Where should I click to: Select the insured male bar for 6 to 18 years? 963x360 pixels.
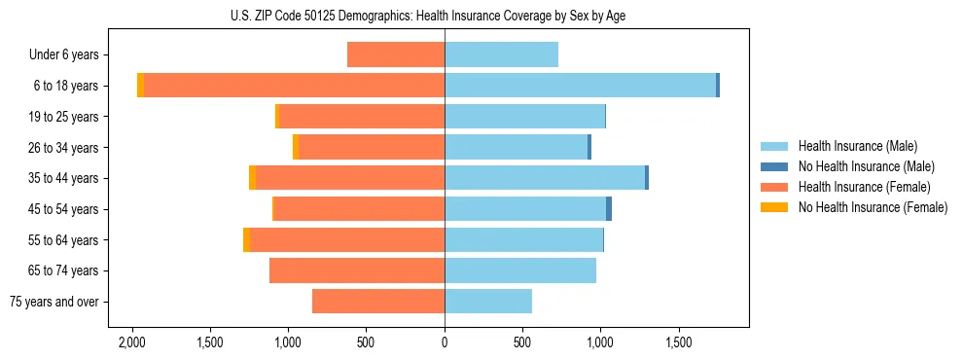pyautogui.click(x=580, y=86)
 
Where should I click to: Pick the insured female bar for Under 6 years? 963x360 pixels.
pyautogui.click(x=396, y=54)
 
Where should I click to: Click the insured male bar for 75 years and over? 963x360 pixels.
pyautogui.click(x=488, y=302)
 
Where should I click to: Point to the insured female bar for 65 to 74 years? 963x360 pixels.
pyautogui.click(x=357, y=270)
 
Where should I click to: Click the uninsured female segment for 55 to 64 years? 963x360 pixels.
pyautogui.click(x=246, y=239)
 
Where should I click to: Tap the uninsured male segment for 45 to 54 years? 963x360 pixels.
pyautogui.click(x=609, y=209)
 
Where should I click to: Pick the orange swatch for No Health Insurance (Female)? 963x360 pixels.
pyautogui.click(x=774, y=207)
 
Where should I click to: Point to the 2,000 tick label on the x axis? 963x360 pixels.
pyautogui.click(x=131, y=342)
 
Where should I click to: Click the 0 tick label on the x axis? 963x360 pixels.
pyautogui.click(x=445, y=342)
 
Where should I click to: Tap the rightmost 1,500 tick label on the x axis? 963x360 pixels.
pyautogui.click(x=678, y=342)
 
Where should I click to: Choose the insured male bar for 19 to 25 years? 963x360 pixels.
pyautogui.click(x=524, y=117)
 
